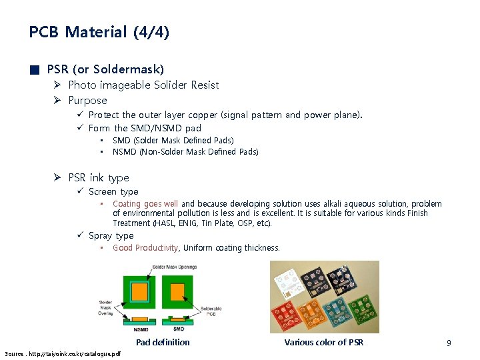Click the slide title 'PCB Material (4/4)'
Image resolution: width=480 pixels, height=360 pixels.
[99, 32]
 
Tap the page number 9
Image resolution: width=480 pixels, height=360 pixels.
[449, 343]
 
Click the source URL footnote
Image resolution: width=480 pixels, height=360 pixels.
[53, 353]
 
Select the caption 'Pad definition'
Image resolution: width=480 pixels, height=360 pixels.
[163, 343]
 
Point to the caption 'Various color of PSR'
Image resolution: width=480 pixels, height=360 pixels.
[324, 343]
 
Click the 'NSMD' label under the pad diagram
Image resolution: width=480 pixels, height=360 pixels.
[141, 329]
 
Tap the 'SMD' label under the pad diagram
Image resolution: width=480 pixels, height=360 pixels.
[178, 329]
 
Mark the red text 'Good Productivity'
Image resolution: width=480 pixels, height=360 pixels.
[145, 248]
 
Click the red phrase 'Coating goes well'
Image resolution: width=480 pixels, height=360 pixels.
[145, 204]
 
